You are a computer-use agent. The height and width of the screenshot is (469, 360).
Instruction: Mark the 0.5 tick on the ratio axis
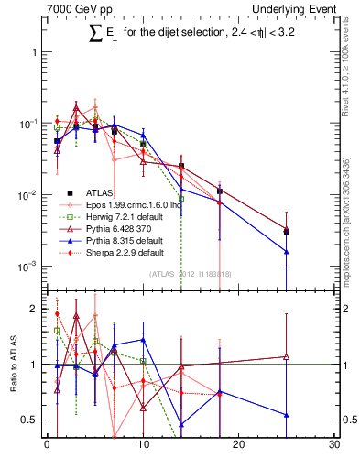point(34,420)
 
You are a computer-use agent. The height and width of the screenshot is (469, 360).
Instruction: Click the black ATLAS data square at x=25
point(287,232)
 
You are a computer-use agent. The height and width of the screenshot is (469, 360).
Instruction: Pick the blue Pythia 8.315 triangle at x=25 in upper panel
point(287,252)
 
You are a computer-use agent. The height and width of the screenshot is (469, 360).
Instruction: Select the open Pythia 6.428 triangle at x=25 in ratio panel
point(287,356)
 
